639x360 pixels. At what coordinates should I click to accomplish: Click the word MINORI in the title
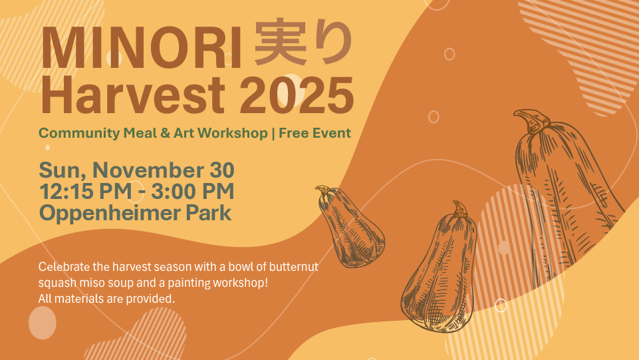[x=142, y=47]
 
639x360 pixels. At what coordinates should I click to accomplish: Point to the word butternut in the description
[x=295, y=267]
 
